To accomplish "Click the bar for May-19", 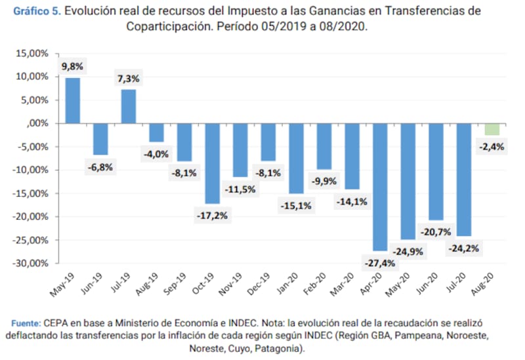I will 73,100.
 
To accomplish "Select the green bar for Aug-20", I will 492,129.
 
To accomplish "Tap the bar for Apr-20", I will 381,187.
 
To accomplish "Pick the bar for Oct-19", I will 213,163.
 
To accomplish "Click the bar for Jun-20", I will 436,172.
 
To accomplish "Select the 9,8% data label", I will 73,66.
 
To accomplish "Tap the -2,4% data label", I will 492,147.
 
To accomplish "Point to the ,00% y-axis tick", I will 37,123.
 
